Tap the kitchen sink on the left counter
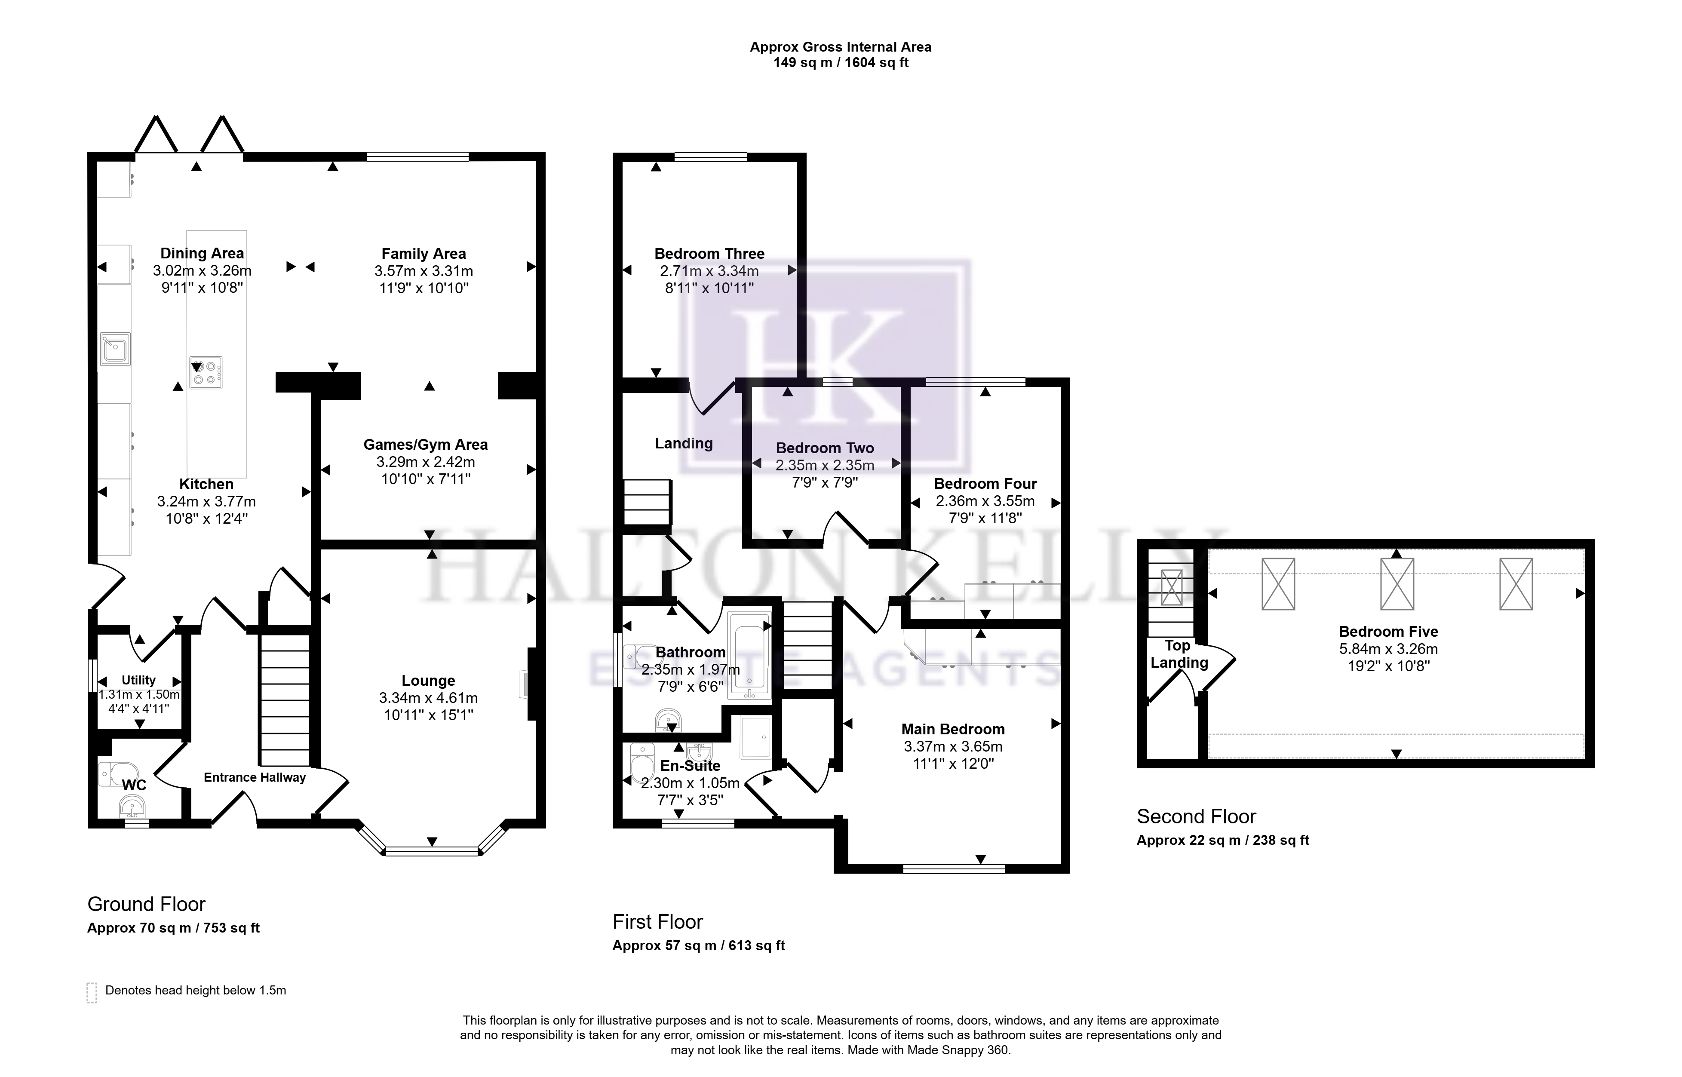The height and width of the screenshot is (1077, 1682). click(115, 348)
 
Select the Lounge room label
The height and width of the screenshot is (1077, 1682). click(428, 681)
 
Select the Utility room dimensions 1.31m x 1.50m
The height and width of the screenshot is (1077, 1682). click(139, 694)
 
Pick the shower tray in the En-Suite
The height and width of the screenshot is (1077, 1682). click(755, 736)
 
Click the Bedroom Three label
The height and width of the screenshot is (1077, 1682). click(709, 253)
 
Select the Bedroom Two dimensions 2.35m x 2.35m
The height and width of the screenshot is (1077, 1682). click(825, 465)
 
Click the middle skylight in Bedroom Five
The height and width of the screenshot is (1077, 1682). click(1397, 584)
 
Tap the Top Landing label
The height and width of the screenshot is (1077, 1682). click(1179, 654)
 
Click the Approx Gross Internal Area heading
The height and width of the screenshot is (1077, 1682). click(841, 47)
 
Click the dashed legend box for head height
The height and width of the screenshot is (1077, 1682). click(92, 992)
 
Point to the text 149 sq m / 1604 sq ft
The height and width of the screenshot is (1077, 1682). click(841, 62)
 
